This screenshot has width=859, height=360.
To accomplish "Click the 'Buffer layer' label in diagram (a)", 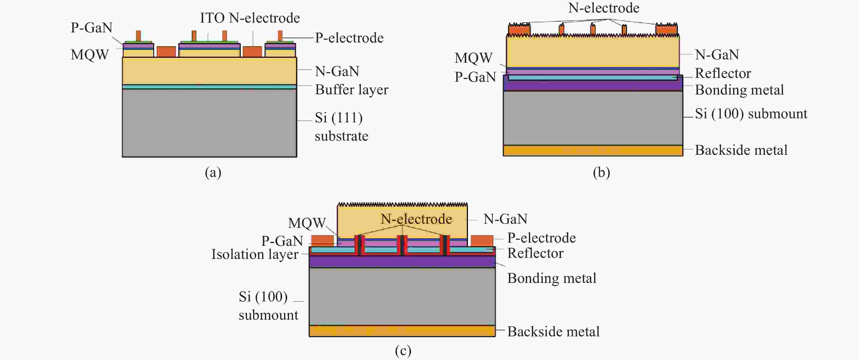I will click(352, 90).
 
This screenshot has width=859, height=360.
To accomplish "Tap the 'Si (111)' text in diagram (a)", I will click(338, 118).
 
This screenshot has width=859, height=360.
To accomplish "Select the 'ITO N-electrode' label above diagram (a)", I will click(250, 18).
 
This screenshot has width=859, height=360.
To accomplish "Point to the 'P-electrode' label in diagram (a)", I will click(349, 38).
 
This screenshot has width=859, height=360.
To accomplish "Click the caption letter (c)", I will click(403, 350).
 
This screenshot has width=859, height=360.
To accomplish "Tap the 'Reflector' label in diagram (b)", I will click(723, 73).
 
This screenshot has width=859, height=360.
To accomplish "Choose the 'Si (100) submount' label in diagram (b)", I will click(751, 114).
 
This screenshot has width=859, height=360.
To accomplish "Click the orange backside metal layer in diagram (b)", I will click(593, 151).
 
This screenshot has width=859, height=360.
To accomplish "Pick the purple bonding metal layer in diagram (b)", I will click(593, 86).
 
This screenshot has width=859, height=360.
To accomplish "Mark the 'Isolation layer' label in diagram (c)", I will click(255, 254).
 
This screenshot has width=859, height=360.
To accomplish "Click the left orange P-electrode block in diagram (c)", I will click(322, 241).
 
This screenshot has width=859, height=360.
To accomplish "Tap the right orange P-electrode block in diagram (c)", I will click(482, 241).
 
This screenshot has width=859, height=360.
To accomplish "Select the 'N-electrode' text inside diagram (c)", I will click(416, 219).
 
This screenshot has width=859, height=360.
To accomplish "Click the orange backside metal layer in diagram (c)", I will click(402, 331).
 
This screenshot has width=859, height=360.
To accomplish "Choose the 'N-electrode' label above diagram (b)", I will click(603, 8).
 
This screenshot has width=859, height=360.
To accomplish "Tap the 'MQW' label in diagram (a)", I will click(90, 55).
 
